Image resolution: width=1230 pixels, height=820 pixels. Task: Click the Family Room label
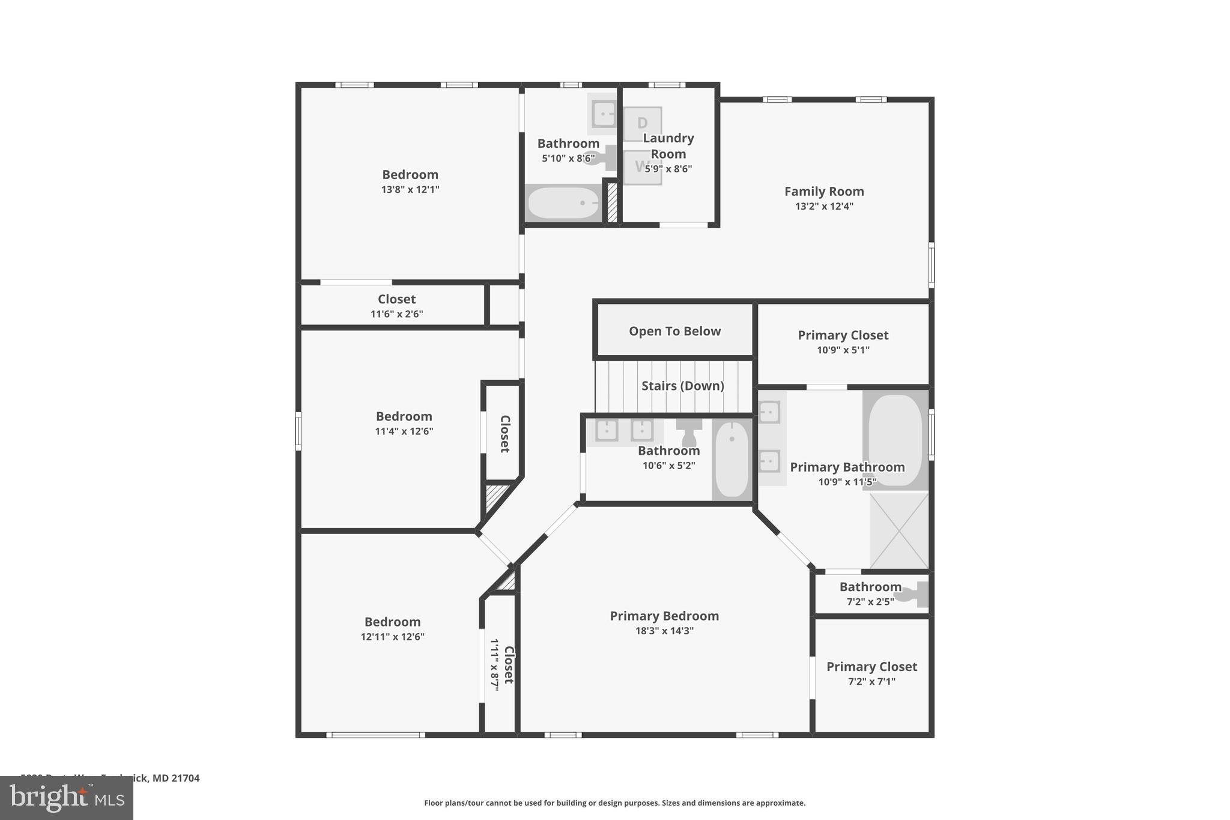[824, 192]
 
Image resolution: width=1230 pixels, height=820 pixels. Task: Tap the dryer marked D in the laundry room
[642, 123]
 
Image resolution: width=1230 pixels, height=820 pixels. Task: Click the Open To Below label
[674, 331]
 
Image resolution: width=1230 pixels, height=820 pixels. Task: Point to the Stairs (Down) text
[682, 386]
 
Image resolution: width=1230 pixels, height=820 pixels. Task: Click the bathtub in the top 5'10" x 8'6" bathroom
[563, 204]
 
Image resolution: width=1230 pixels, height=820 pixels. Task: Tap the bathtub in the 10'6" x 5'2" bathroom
[732, 459]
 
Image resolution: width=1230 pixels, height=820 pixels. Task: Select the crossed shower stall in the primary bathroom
[898, 531]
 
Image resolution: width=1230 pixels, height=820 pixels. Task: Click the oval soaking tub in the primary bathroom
[895, 439]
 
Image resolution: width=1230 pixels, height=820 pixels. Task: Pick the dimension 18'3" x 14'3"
[664, 631]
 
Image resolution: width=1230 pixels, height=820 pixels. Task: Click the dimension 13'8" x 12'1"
[410, 189]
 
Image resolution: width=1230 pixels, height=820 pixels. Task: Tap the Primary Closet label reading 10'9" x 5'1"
[843, 335]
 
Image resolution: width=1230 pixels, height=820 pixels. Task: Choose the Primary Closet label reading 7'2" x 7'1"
[871, 667]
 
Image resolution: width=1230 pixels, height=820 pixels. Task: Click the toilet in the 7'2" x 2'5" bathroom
[916, 595]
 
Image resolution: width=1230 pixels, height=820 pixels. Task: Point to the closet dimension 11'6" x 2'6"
[396, 314]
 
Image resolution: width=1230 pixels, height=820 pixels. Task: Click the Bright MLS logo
[67, 798]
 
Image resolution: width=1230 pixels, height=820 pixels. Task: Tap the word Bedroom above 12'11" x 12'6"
[392, 622]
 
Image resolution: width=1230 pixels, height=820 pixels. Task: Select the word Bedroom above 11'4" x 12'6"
[404, 416]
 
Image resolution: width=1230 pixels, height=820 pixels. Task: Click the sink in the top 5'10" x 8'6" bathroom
[603, 114]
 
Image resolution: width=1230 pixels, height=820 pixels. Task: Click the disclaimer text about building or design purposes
[614, 803]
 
